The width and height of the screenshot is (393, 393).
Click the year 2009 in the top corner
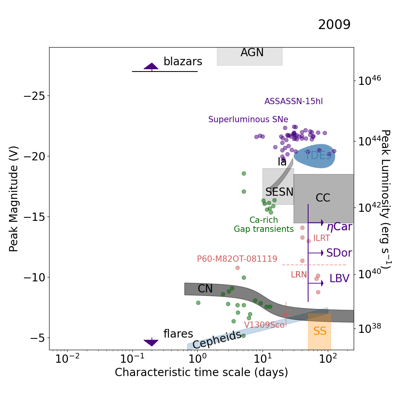(334, 25)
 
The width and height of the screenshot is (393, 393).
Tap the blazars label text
(183, 62)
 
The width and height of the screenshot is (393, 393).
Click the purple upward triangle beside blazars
(151, 66)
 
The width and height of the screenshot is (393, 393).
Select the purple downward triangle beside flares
(151, 343)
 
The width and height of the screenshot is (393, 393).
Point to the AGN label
(252, 53)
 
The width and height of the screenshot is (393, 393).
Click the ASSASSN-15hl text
(294, 101)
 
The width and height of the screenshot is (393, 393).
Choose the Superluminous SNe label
(248, 119)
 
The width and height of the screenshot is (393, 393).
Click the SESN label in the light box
(279, 192)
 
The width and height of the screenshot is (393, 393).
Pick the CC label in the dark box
(323, 198)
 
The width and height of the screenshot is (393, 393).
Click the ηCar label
(339, 227)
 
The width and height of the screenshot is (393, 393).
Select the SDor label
(339, 253)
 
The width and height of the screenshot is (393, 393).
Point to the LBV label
(339, 279)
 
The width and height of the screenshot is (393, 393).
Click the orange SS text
(320, 331)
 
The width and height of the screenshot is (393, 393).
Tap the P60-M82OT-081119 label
(237, 259)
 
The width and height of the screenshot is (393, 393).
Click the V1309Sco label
(264, 325)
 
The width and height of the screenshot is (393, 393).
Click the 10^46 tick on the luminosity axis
(369, 81)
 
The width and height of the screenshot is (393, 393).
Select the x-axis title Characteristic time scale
(201, 372)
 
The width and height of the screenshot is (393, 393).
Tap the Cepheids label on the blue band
(217, 340)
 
